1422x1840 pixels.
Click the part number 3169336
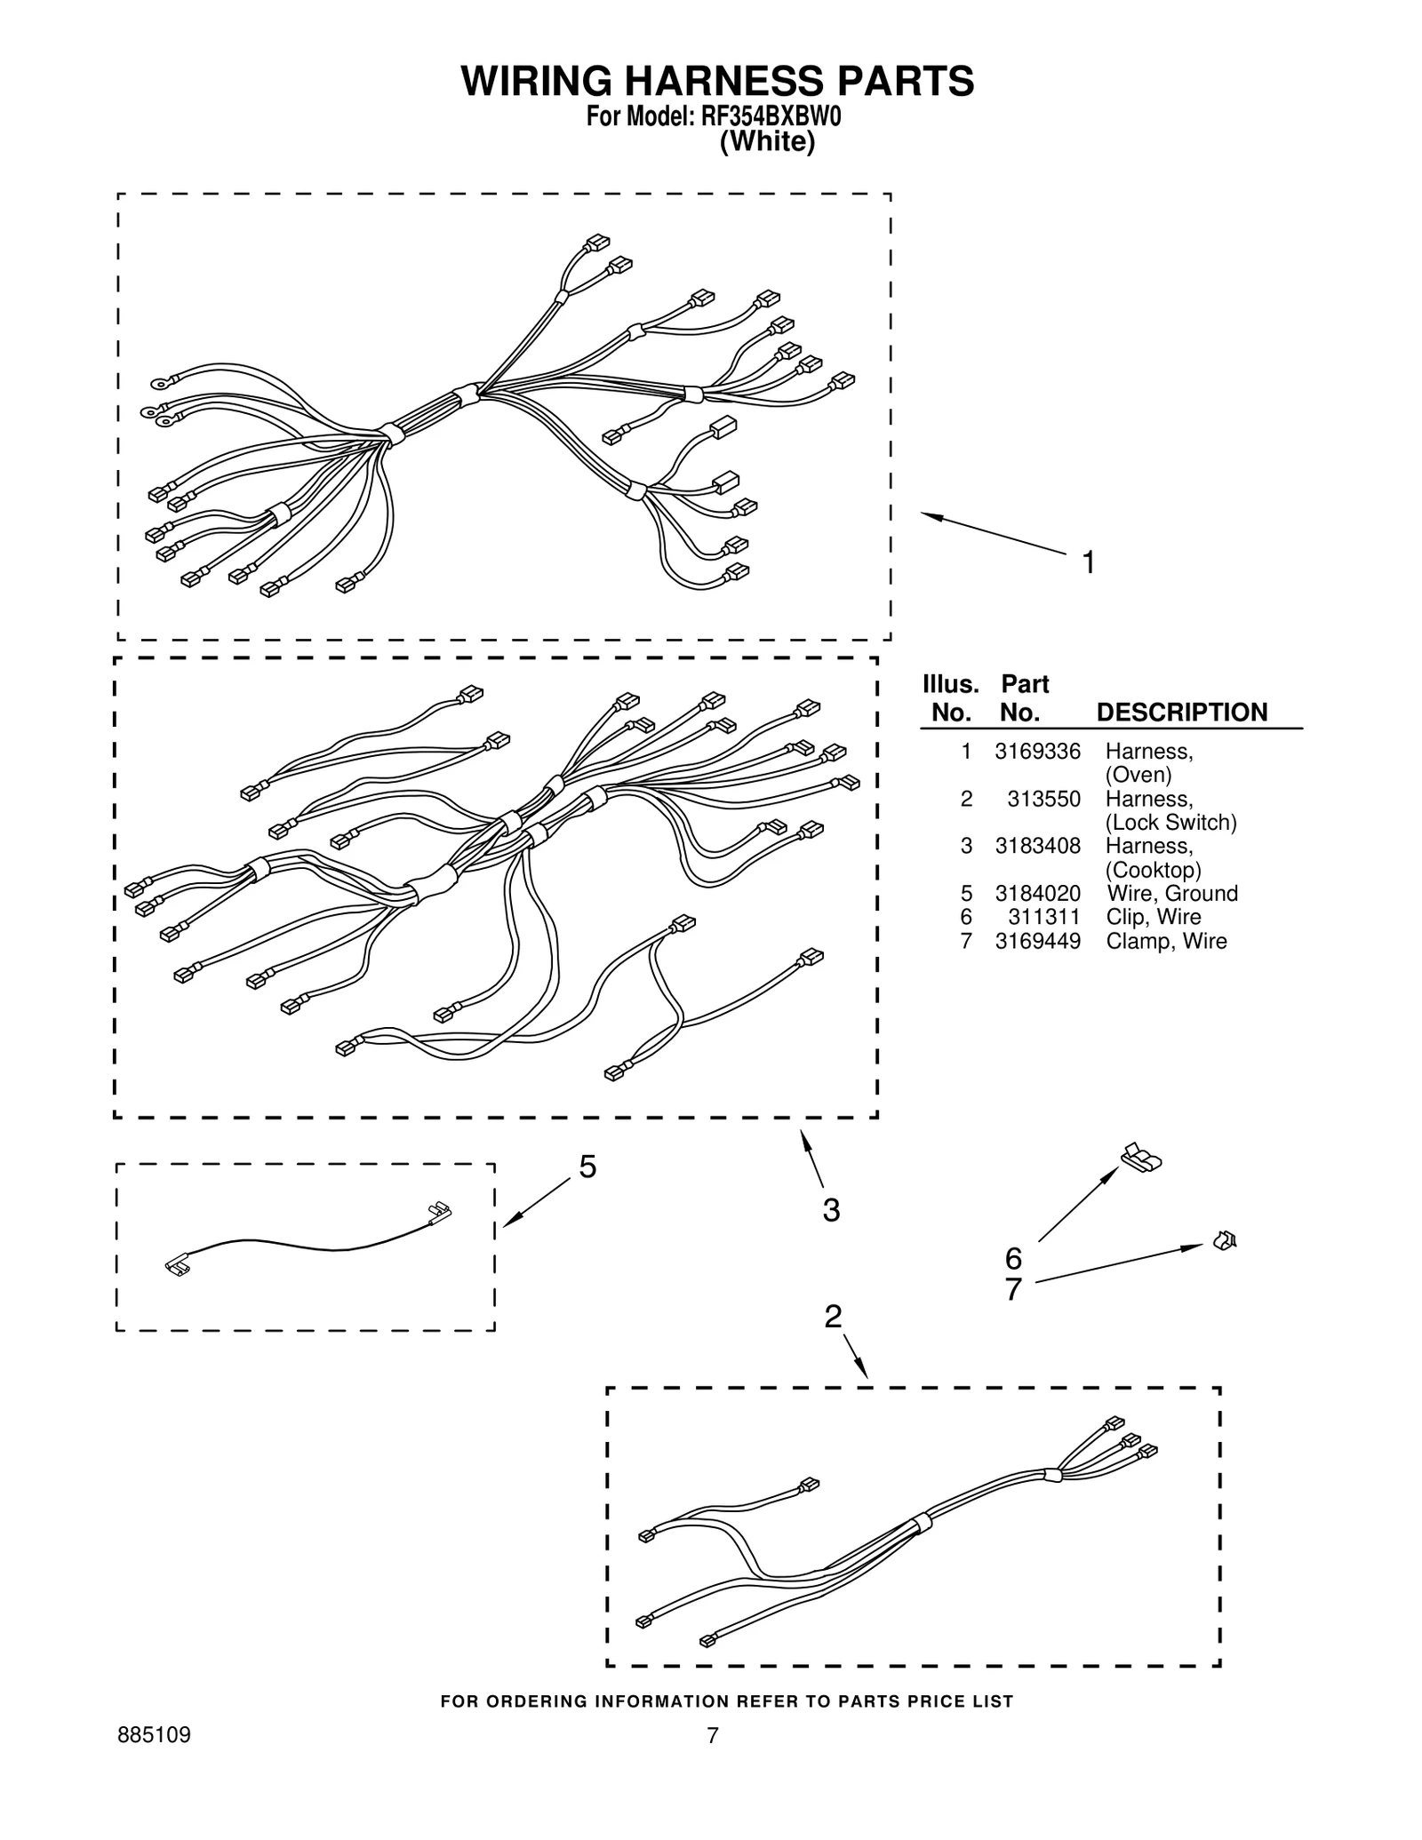pyautogui.click(x=1037, y=752)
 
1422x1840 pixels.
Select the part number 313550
pyautogui.click(x=1043, y=799)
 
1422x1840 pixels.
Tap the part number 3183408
pyautogui.click(x=1037, y=846)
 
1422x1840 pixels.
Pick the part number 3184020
pyautogui.click(x=1037, y=893)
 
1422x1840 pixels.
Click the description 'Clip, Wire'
pyautogui.click(x=1153, y=917)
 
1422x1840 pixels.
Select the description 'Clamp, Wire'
pyautogui.click(x=1165, y=941)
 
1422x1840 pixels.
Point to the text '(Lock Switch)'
pyautogui.click(x=1170, y=822)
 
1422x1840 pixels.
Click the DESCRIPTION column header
pyautogui.click(x=1181, y=713)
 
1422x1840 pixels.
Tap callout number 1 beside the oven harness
pyautogui.click(x=1088, y=562)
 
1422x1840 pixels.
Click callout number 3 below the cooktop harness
pyautogui.click(x=831, y=1210)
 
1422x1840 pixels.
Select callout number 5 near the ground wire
pyautogui.click(x=587, y=1167)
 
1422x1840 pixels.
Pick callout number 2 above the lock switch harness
pyautogui.click(x=832, y=1316)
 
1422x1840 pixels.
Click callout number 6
pyautogui.click(x=1013, y=1258)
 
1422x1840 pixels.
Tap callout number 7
pyautogui.click(x=1013, y=1289)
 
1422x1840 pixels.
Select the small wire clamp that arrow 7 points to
pyautogui.click(x=1225, y=1239)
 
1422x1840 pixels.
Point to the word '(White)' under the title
pyautogui.click(x=766, y=142)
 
